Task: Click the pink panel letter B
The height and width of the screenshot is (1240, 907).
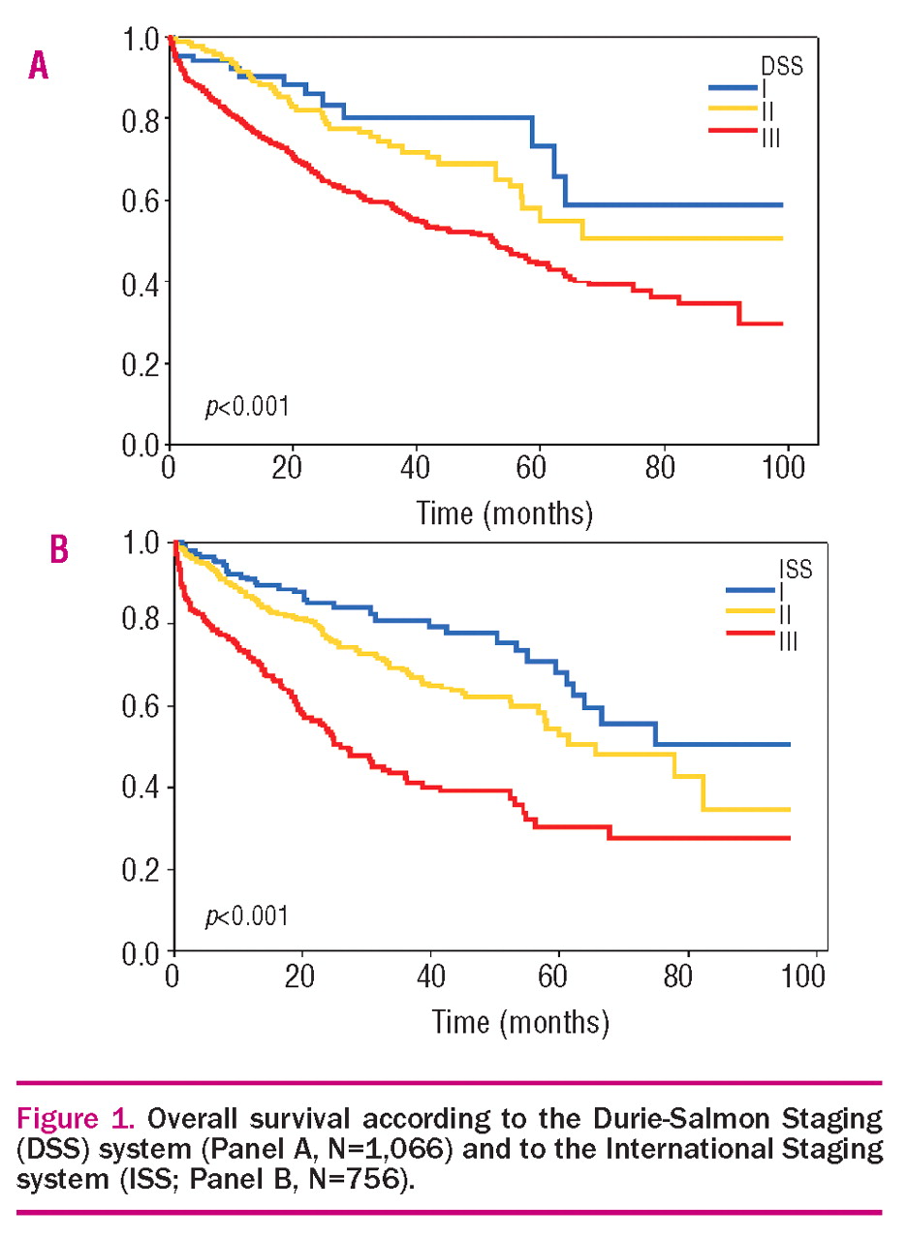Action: (x=59, y=549)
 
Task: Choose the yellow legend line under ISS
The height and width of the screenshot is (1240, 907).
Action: (x=748, y=613)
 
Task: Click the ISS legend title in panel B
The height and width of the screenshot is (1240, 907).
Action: (x=796, y=569)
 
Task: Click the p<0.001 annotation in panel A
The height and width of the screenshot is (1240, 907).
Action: (x=246, y=407)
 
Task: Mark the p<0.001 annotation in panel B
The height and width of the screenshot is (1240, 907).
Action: (x=246, y=915)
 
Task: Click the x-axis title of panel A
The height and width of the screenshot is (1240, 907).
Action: (x=504, y=511)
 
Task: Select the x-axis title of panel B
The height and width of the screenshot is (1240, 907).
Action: (x=520, y=1019)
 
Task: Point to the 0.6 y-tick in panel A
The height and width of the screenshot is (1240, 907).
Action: (x=141, y=201)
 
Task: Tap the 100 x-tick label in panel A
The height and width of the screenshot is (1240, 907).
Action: (x=787, y=472)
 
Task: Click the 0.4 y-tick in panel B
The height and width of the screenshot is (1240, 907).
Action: (x=143, y=788)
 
